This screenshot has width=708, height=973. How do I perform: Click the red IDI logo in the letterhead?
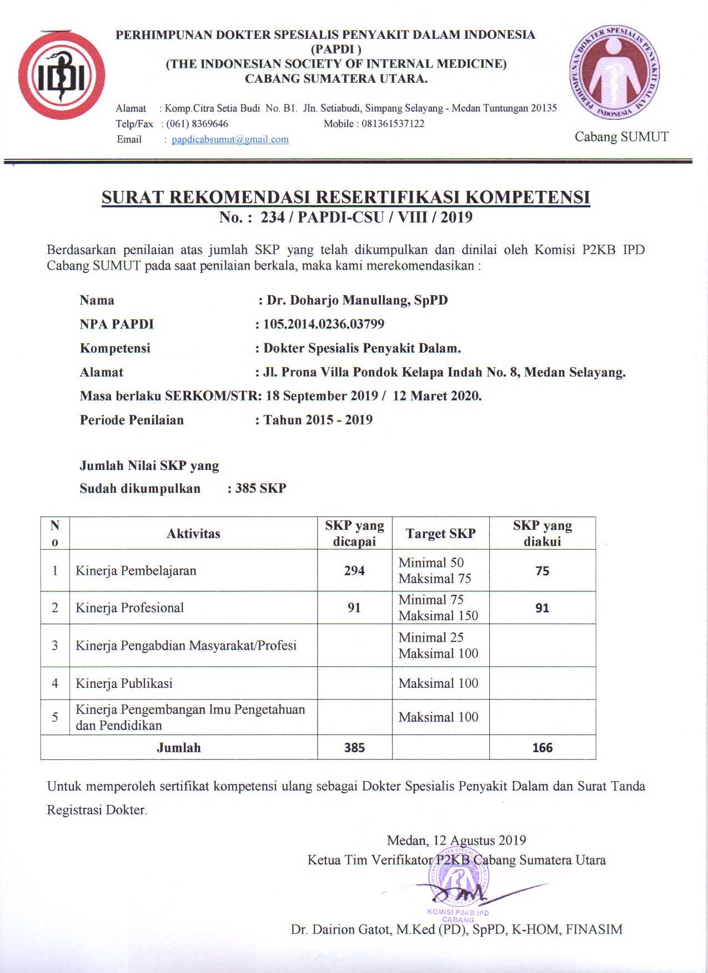(x=61, y=75)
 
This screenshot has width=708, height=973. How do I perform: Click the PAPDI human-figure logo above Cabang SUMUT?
(x=614, y=72)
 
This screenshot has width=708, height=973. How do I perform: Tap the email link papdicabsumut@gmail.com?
(x=230, y=139)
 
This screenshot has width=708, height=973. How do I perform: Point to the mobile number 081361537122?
(x=393, y=124)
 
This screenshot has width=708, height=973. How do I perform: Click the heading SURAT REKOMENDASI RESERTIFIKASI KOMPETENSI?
(x=345, y=197)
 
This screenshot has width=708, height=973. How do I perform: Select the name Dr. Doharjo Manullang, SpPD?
(x=357, y=300)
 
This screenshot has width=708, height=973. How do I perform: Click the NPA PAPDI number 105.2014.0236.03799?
(x=324, y=324)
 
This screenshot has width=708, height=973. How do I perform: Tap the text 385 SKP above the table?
(x=260, y=488)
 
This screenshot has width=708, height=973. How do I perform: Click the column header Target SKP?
(x=440, y=534)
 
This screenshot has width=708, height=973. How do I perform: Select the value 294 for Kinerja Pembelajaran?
(x=354, y=570)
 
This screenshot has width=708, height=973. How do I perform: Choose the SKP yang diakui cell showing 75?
(x=542, y=571)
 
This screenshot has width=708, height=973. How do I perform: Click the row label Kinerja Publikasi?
(x=124, y=683)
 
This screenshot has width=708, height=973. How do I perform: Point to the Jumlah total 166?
(x=542, y=748)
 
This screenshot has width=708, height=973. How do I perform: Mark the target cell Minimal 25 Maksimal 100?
(x=438, y=645)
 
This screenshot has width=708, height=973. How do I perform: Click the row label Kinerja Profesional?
(x=129, y=607)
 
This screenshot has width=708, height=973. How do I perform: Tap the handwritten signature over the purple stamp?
(x=461, y=894)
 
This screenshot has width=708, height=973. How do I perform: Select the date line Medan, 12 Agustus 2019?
(x=456, y=840)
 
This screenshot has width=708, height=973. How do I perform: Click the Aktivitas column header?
(x=193, y=534)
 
